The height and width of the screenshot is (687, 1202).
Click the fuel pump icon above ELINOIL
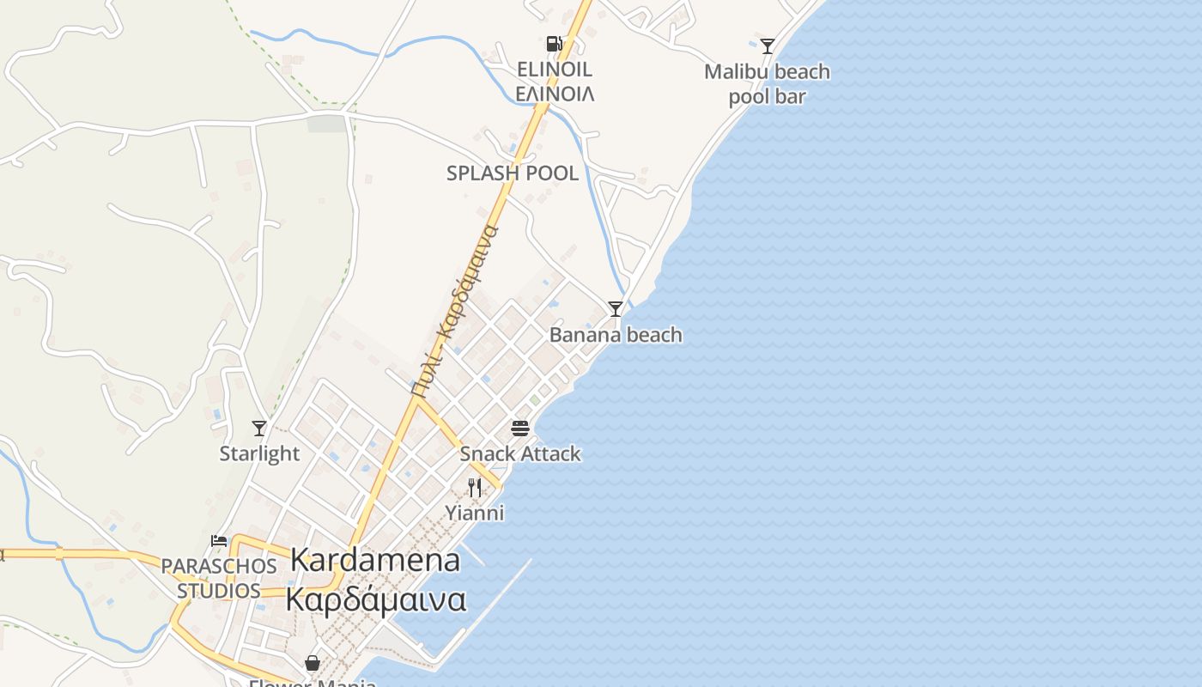[554, 44]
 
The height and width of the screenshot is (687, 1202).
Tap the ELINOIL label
[555, 70]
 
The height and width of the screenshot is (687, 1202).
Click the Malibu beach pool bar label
[767, 84]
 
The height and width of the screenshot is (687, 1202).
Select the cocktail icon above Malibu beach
[768, 46]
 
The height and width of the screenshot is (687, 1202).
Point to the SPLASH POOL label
[513, 173]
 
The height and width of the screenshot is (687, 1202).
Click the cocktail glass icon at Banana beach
[615, 308]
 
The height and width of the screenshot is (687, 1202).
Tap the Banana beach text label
[616, 335]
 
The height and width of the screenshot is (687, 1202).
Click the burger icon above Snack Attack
[520, 428]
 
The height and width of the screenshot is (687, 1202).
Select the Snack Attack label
[520, 453]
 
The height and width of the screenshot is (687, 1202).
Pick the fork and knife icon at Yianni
[474, 488]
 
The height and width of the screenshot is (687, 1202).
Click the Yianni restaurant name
[474, 514]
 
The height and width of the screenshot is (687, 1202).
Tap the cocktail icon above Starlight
[259, 428]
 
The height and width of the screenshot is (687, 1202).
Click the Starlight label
[259, 453]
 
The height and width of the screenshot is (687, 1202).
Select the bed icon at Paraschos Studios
[219, 541]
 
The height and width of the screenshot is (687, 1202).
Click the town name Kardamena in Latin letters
[375, 560]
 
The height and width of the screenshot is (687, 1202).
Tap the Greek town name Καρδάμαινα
[375, 599]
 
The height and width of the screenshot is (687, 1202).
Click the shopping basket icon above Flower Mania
[313, 663]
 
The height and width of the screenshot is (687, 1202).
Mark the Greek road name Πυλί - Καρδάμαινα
[455, 309]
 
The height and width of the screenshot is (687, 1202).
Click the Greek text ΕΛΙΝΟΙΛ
[555, 94]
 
